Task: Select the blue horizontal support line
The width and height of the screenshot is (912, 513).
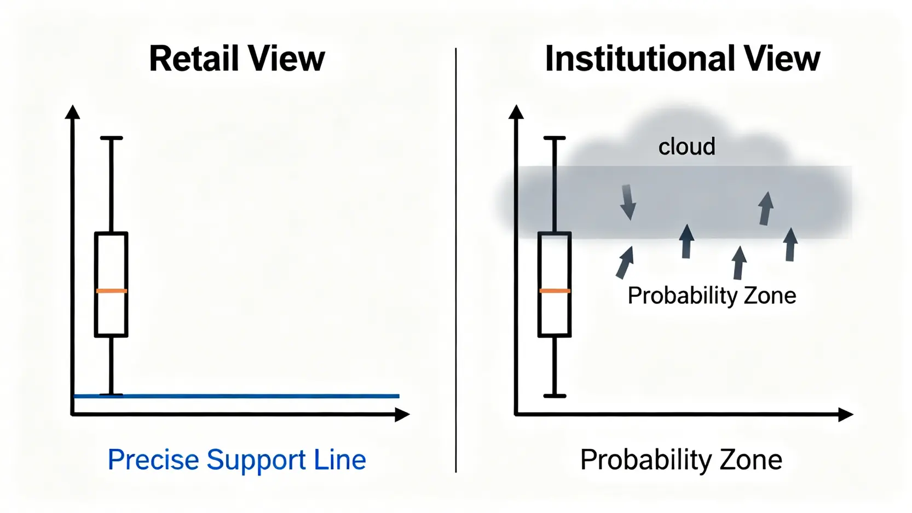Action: pyautogui.click(x=246, y=395)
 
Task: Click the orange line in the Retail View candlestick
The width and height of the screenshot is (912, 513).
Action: pyautogui.click(x=111, y=291)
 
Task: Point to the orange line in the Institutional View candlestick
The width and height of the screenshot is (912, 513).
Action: pyautogui.click(x=555, y=291)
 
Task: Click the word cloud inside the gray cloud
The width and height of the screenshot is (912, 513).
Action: pyautogui.click(x=686, y=147)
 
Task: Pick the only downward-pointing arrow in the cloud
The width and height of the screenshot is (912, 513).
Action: pyautogui.click(x=628, y=203)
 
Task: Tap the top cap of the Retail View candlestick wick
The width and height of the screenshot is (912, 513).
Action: pyautogui.click(x=111, y=138)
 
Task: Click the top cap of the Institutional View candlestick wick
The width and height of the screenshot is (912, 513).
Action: pyautogui.click(x=555, y=138)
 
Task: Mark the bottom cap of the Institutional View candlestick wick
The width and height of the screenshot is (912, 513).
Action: pyautogui.click(x=555, y=395)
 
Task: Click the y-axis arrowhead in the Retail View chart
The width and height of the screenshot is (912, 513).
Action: pyautogui.click(x=72, y=112)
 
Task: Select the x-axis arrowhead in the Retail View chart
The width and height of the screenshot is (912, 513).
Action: pyautogui.click(x=402, y=414)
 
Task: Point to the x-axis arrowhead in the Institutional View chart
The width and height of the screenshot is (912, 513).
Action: pyautogui.click(x=846, y=414)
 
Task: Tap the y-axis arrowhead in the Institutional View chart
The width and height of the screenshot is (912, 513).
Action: pyautogui.click(x=516, y=112)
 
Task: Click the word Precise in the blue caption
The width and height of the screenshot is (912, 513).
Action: pyautogui.click(x=153, y=460)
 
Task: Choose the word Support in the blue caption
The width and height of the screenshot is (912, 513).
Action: pyautogui.click(x=256, y=460)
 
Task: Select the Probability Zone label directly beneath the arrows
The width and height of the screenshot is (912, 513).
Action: pyautogui.click(x=712, y=296)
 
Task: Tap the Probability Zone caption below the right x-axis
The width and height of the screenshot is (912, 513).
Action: pyautogui.click(x=681, y=460)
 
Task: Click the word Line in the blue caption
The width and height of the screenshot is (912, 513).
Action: pyautogui.click(x=340, y=460)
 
